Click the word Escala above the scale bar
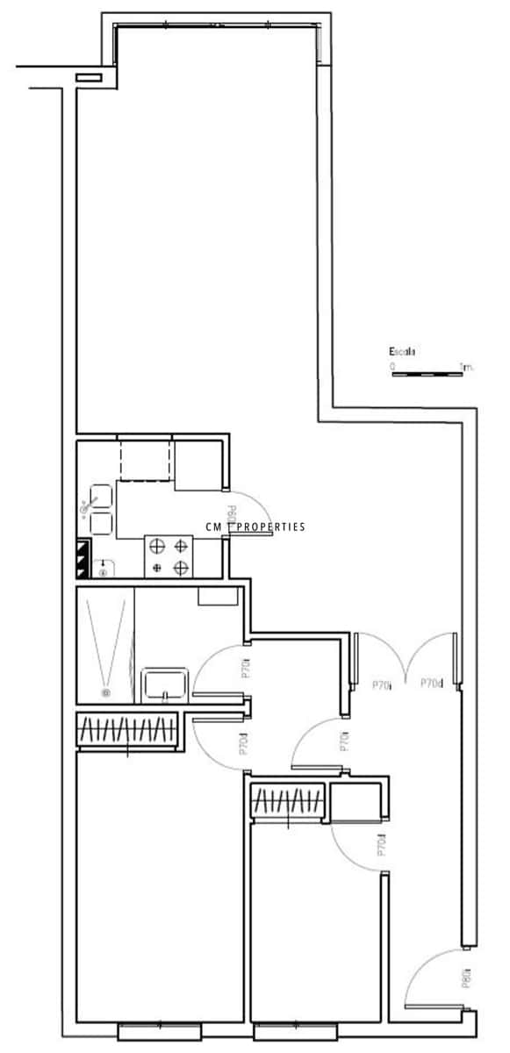coord(401,352)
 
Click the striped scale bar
coord(427,375)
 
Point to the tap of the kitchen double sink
coord(86,506)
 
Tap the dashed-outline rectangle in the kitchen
coord(145,461)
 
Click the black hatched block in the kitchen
coord(83,558)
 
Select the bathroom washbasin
coord(164,683)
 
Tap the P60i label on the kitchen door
coord(231,515)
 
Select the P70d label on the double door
coord(431,683)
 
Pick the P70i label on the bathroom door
coord(246,669)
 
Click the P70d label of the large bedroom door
coord(243,743)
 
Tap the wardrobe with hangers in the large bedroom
coord(127,730)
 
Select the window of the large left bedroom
coord(161,1028)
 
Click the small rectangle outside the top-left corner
coord(90,78)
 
